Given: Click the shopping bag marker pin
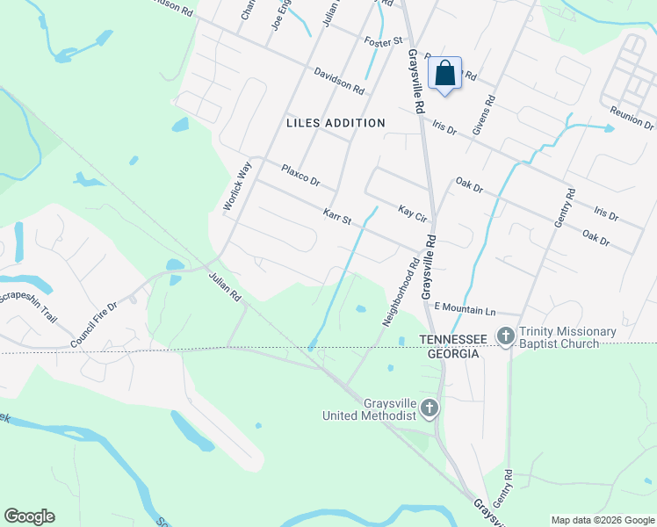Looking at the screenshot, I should click(445, 75).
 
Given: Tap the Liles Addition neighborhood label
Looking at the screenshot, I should click(336, 123).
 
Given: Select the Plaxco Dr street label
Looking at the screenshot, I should click(300, 174).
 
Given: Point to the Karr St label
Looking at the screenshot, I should click(336, 215).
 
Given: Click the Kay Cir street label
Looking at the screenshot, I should click(412, 213).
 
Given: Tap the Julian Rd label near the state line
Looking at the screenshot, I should click(225, 287).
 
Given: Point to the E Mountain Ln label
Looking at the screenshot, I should click(466, 310).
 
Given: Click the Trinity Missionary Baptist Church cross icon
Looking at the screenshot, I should click(505, 336).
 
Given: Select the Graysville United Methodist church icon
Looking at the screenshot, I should click(429, 408).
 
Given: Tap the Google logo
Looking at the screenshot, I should click(29, 516).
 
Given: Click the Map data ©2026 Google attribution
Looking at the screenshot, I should click(602, 520).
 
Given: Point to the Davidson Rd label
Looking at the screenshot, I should click(338, 82).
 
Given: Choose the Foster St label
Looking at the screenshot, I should click(383, 40).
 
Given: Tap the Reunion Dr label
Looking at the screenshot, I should click(632, 119).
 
